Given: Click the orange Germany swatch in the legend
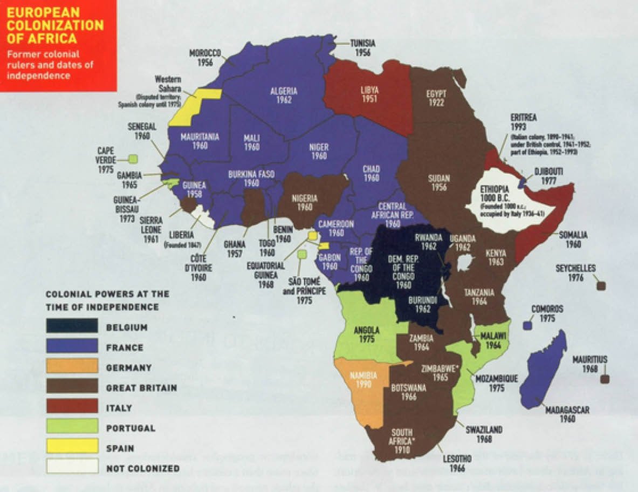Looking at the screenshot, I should tap(72, 366).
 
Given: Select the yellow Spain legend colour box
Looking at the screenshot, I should tap(72, 446).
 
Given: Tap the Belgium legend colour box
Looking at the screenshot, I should tap(72, 326).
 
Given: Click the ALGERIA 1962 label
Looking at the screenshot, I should tap(284, 95).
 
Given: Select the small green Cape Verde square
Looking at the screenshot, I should tap(132, 159).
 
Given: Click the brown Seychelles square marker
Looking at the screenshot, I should tap(601, 286).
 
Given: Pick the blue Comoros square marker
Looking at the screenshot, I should tap(527, 326).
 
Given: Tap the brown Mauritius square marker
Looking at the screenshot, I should tap(605, 379).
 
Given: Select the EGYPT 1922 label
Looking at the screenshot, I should tap(436, 98).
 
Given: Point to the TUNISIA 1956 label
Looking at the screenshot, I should tap(362, 48).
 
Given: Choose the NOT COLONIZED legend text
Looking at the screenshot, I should tap(143, 468).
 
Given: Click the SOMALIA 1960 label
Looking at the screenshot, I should tap(573, 240).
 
